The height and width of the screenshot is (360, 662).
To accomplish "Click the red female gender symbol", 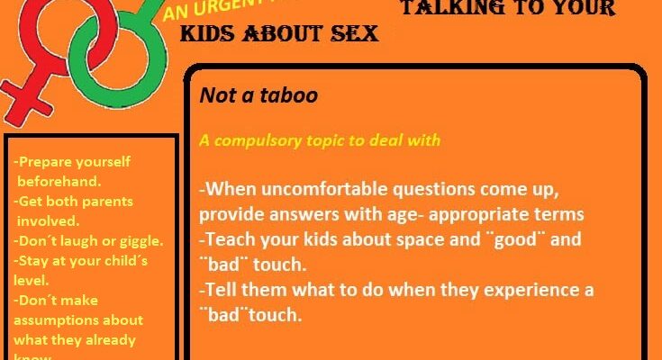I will click(x=36, y=54).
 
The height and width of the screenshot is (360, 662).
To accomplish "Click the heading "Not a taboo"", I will click(x=258, y=94).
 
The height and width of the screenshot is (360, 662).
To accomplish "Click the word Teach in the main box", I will click(x=232, y=240).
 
